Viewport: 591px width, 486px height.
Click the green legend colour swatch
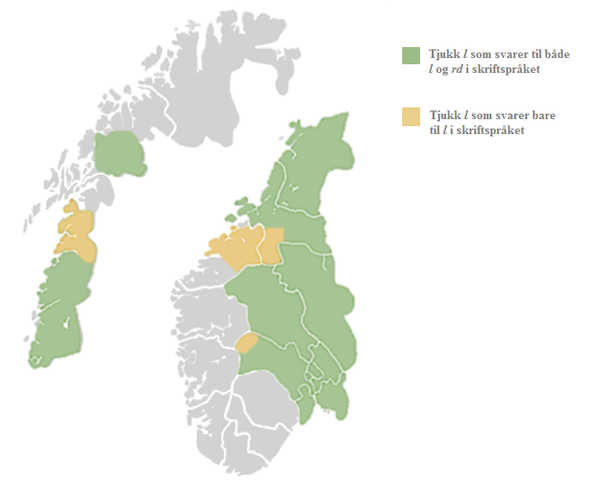tap(412, 56)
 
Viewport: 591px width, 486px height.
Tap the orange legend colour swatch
tap(412, 117)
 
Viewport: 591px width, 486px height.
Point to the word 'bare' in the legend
tap(541, 117)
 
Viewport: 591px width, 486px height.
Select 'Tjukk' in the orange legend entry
tap(444, 117)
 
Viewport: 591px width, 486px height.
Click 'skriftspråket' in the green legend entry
tap(509, 71)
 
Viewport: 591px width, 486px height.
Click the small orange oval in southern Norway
tap(248, 343)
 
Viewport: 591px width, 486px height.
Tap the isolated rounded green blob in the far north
tap(120, 154)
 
